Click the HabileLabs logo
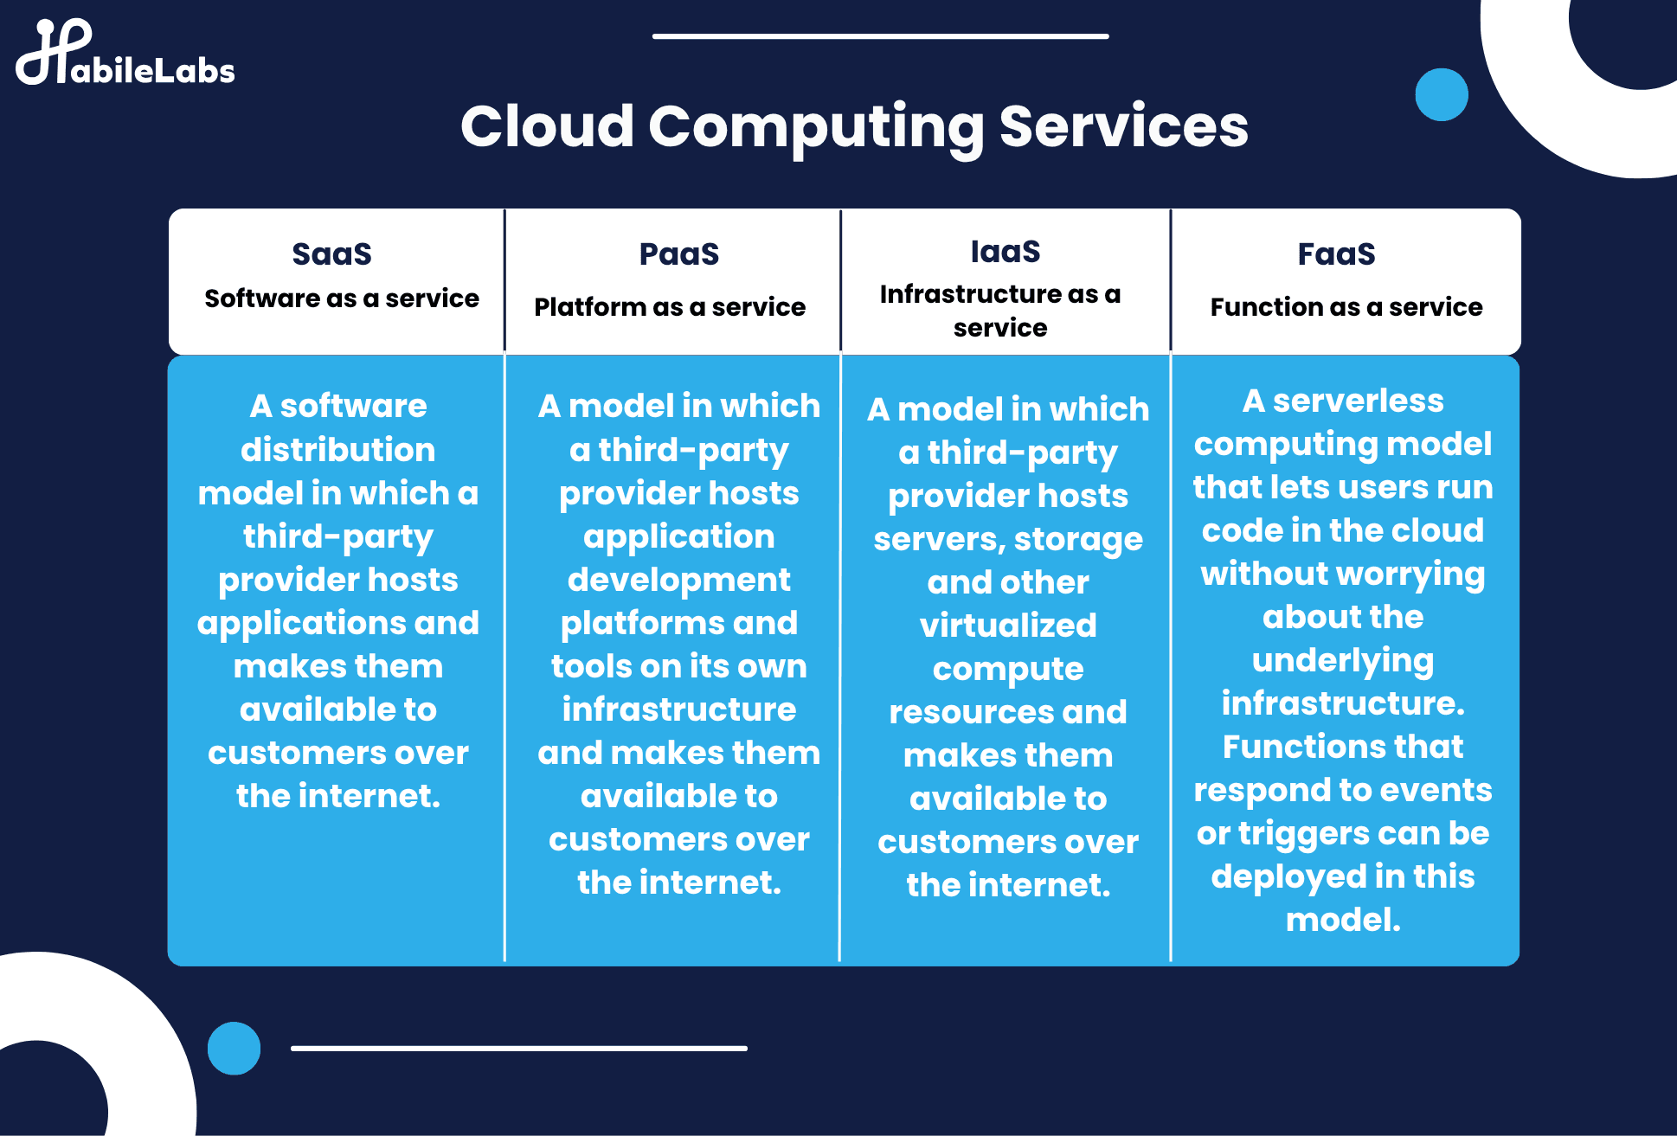point(125,55)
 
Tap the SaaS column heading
point(331,254)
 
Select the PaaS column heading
point(678,254)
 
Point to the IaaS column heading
point(1005,252)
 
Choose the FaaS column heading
point(1336,254)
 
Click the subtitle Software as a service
point(341,298)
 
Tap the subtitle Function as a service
point(1346,307)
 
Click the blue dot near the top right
point(1441,94)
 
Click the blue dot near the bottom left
point(234,1048)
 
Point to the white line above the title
point(880,36)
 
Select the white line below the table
point(518,1048)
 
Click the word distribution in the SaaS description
point(337,450)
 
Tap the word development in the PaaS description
point(678,580)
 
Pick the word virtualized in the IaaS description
point(1007,626)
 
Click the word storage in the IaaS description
point(1078,540)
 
